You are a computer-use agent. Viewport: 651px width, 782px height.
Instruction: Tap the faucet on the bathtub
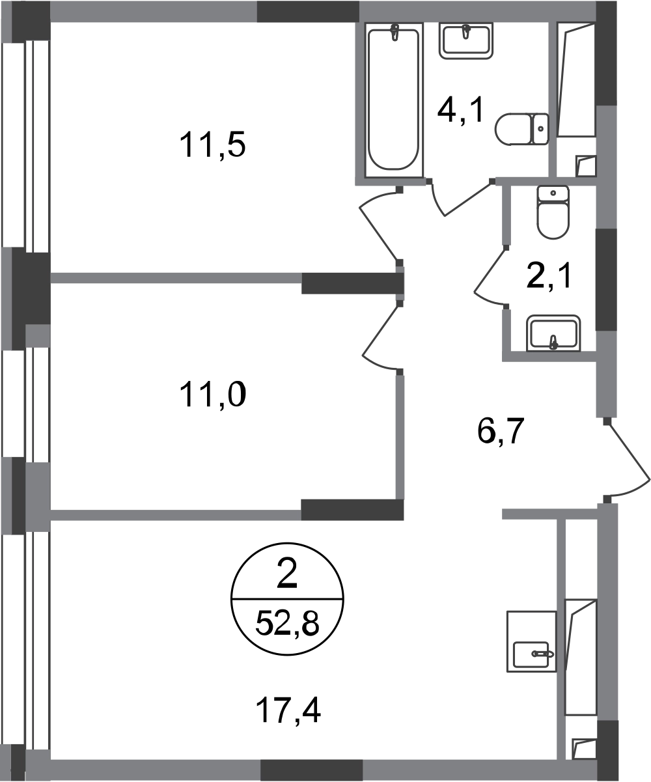[395, 33]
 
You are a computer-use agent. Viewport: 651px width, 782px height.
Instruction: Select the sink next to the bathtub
[465, 42]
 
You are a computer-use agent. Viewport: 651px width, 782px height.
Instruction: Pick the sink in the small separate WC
[554, 332]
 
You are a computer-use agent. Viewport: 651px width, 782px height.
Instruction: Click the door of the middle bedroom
[381, 335]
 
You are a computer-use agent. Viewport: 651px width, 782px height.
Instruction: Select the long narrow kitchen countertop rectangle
[580, 658]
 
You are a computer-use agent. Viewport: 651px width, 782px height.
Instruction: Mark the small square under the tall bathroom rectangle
[585, 165]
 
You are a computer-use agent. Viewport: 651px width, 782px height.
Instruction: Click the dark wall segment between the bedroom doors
[350, 284]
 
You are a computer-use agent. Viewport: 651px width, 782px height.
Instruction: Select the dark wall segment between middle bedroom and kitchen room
[352, 509]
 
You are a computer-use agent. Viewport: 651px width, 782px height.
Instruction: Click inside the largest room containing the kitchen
[293, 638]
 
